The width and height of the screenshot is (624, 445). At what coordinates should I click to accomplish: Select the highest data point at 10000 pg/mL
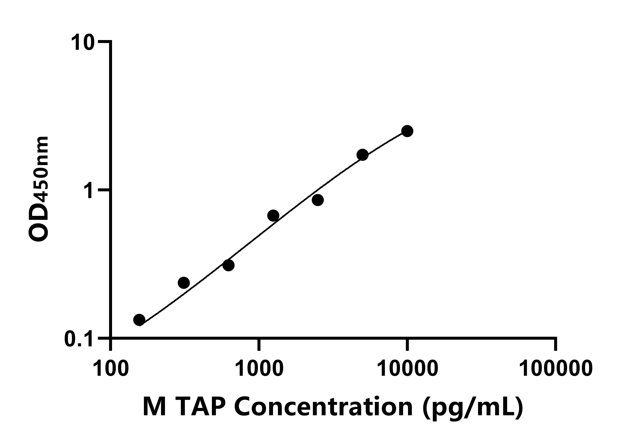(x=407, y=131)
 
